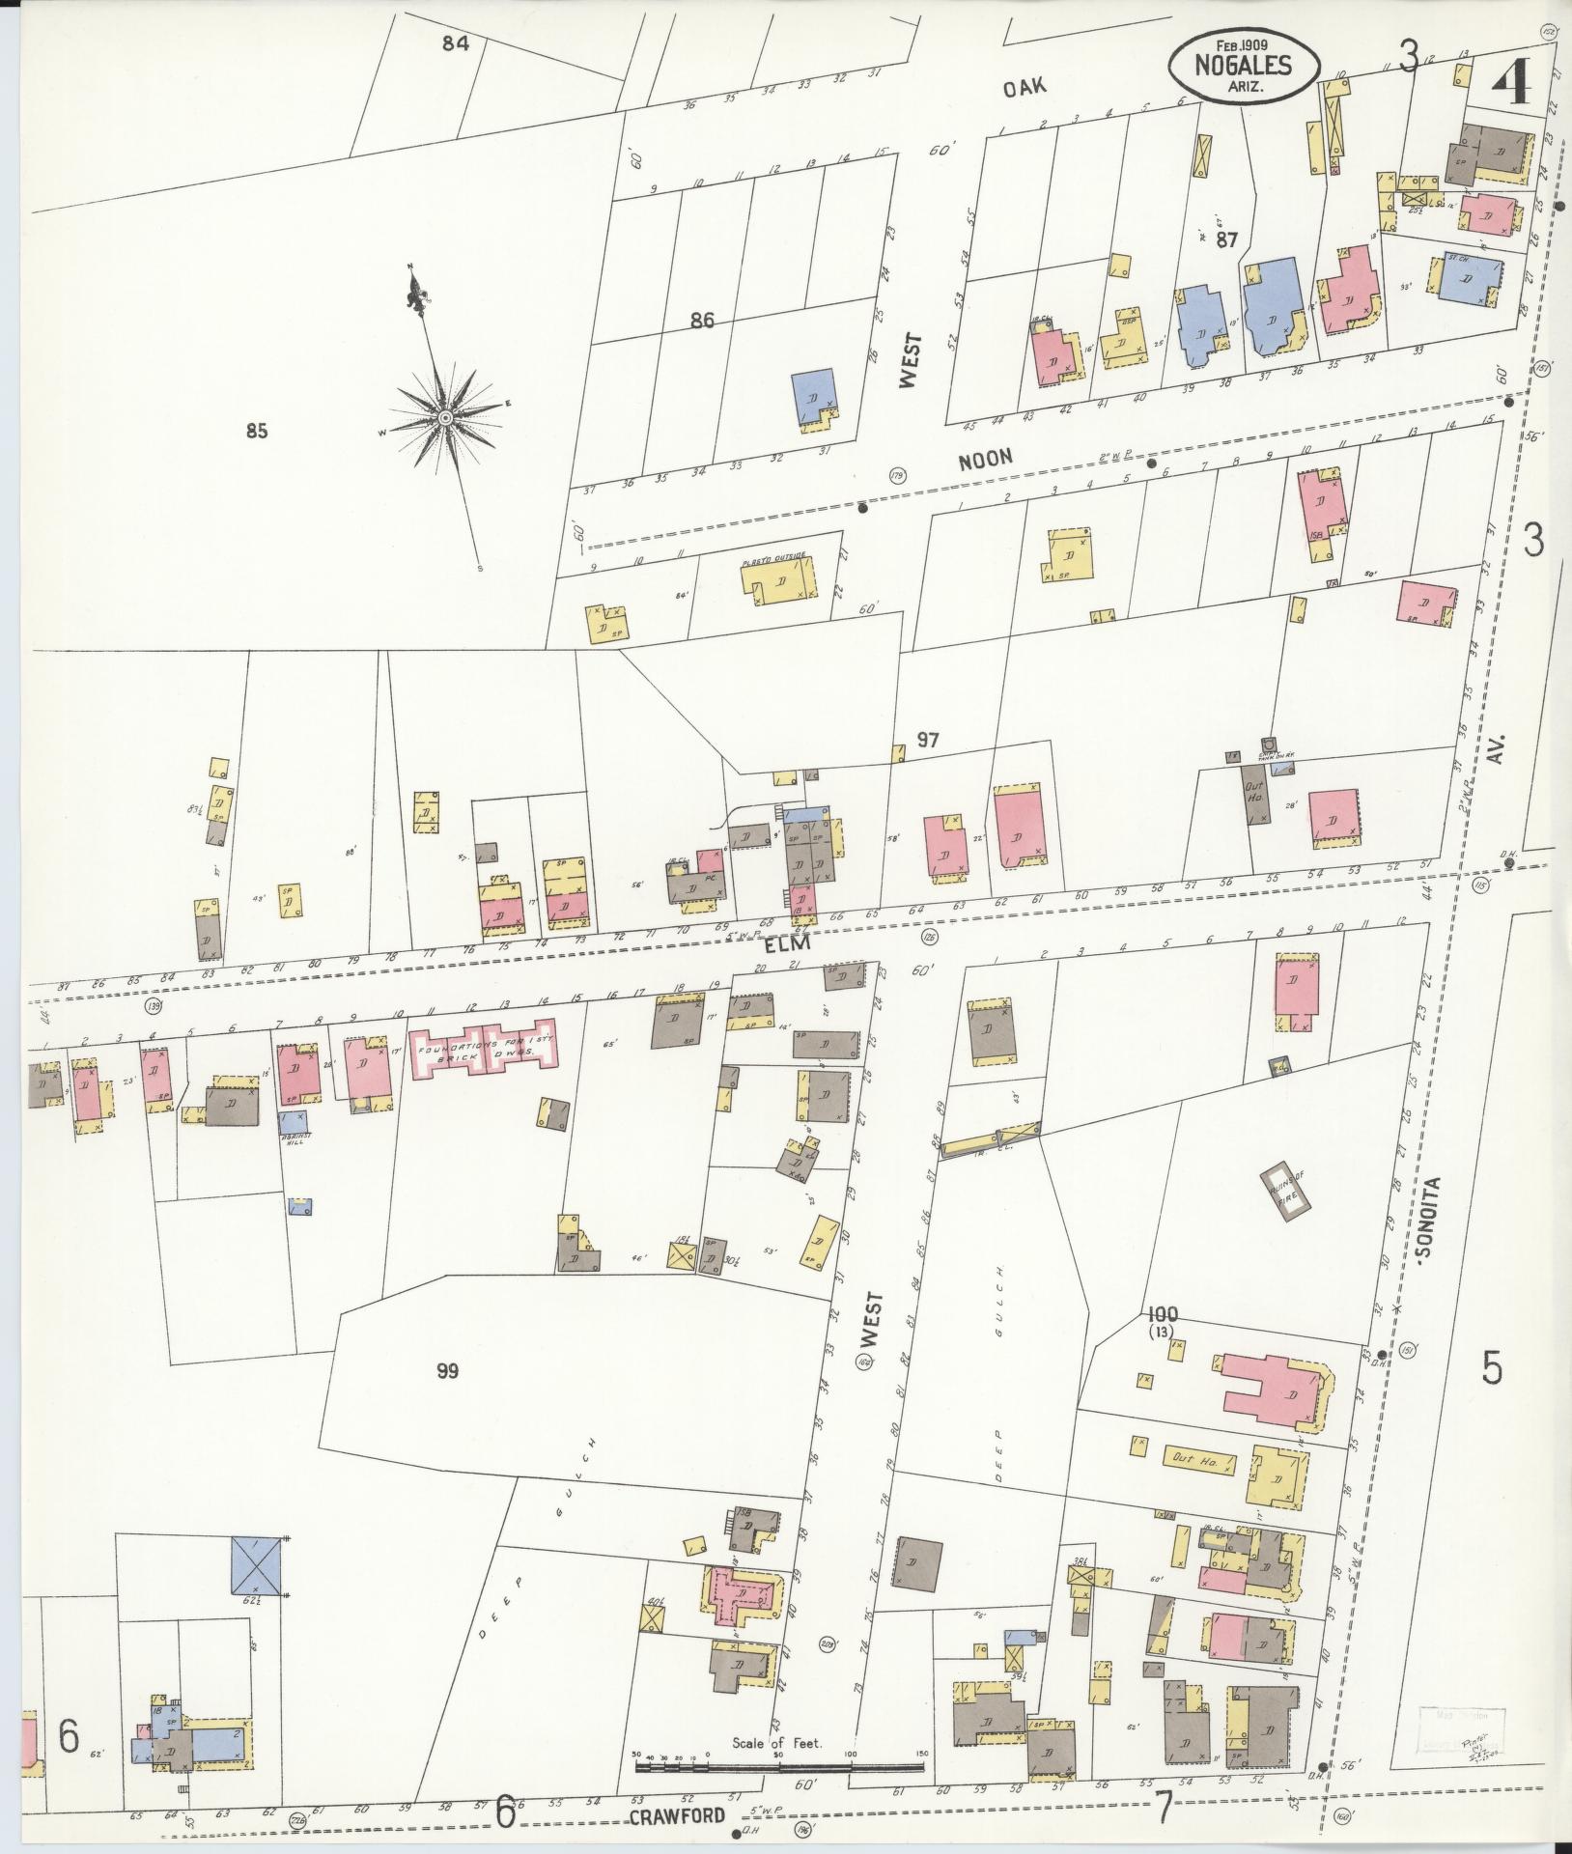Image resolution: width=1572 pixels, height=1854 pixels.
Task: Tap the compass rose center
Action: tap(445, 417)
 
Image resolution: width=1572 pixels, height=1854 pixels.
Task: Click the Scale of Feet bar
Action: tap(778, 1766)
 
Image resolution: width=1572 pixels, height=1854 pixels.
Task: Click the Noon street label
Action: tap(986, 460)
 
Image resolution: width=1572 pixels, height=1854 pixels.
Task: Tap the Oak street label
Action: tap(1024, 88)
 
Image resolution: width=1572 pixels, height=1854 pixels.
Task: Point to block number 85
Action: tap(256, 432)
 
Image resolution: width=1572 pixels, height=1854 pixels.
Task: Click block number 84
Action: tap(456, 43)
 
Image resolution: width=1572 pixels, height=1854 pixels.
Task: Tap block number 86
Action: tap(701, 321)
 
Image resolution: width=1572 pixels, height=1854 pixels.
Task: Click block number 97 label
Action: tap(927, 741)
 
